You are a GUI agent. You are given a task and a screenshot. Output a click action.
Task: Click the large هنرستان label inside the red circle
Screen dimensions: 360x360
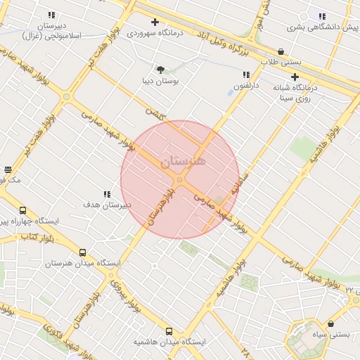click(x=184, y=161)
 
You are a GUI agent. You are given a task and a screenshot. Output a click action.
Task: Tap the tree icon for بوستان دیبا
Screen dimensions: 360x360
click(x=160, y=69)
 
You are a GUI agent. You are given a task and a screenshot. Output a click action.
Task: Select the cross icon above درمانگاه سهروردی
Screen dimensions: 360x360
click(x=155, y=22)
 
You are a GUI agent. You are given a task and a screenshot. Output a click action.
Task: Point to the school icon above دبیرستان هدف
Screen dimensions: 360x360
click(x=107, y=194)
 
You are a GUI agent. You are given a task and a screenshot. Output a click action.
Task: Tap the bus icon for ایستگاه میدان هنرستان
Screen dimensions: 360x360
click(x=83, y=253)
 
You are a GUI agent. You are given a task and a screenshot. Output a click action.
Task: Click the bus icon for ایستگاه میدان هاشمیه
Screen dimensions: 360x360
click(x=169, y=331)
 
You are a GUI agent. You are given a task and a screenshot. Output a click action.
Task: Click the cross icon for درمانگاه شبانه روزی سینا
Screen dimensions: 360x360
click(x=295, y=77)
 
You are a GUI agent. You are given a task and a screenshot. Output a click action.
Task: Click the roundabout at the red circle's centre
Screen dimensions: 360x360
click(x=180, y=181)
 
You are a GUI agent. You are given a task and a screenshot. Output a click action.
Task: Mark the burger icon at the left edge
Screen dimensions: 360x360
click(x=8, y=169)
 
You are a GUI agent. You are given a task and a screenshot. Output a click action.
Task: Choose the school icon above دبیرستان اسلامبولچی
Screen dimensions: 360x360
click(x=51, y=15)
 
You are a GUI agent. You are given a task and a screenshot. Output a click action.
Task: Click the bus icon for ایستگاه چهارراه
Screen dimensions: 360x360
click(x=22, y=210)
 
